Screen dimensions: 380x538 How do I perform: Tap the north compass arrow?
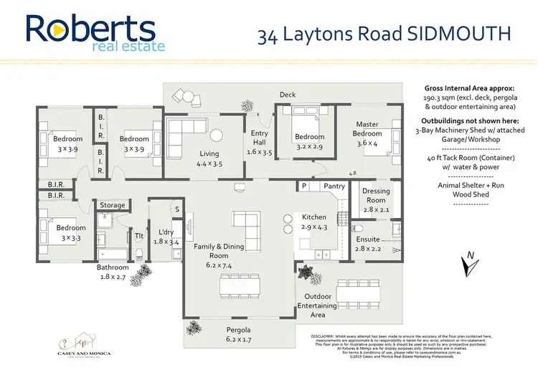click(x=468, y=263)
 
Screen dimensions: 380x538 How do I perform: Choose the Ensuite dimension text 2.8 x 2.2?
click(x=368, y=249)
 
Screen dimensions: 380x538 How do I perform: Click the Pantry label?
click(x=334, y=186)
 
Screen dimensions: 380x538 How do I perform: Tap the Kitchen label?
click(x=314, y=217)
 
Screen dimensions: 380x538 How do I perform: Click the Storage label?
click(x=112, y=205)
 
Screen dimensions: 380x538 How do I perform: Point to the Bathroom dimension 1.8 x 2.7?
click(x=113, y=275)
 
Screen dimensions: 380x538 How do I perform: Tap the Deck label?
click(x=288, y=94)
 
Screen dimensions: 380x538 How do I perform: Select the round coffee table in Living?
click(x=217, y=136)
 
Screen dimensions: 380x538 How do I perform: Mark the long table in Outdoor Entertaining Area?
click(x=357, y=293)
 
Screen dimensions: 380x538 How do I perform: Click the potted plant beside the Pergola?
click(x=193, y=328)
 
